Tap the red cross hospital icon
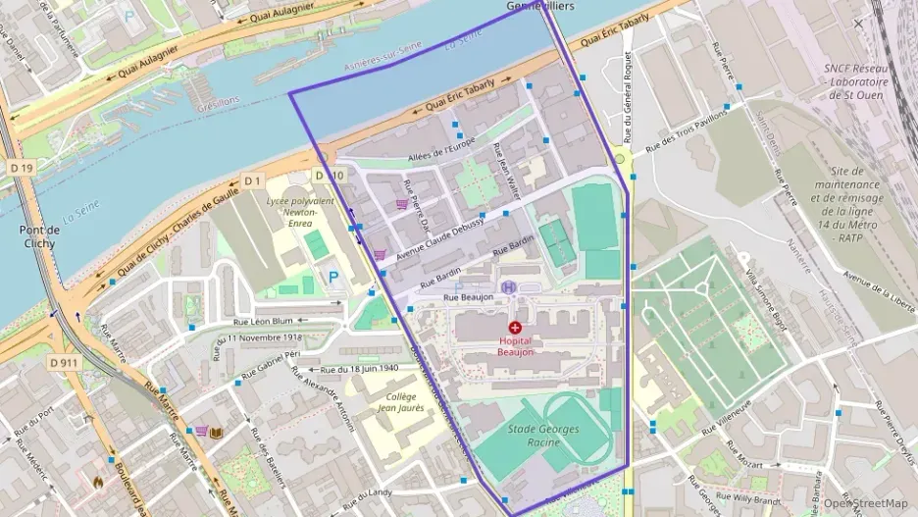coord(515,326)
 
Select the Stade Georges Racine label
coord(543,436)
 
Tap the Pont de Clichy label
coord(40,236)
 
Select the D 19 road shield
coord(22,169)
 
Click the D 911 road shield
coord(64,362)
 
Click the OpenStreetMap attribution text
coord(871,503)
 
